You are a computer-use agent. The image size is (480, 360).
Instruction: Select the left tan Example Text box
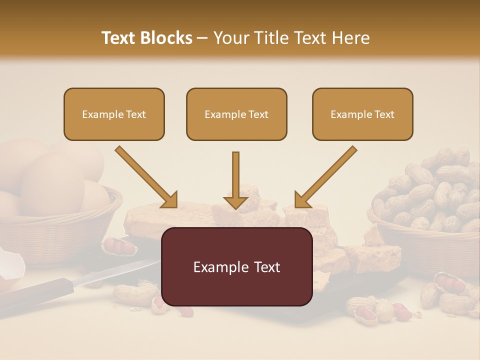tap(114, 114)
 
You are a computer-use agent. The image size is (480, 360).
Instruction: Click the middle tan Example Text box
tap(236, 114)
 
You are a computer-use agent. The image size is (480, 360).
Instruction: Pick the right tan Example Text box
tap(362, 114)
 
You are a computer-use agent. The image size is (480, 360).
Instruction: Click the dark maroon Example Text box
tap(236, 267)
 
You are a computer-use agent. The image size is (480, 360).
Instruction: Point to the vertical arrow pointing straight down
tap(235, 180)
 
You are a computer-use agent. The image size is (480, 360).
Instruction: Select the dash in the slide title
tap(202, 38)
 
